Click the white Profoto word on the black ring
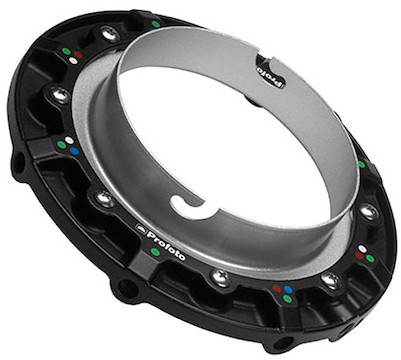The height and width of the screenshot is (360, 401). pos(166,246)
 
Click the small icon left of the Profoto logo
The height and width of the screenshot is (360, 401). pos(140,227)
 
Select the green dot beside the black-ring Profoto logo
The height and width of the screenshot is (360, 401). pos(155,252)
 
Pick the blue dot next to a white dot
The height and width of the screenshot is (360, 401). pos(75,151)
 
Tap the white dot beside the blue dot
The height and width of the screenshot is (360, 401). pos(69,140)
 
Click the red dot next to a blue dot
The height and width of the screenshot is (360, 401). pos(277,288)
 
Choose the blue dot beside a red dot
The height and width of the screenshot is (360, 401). pos(288,289)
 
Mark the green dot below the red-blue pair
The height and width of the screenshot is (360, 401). pos(287,299)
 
